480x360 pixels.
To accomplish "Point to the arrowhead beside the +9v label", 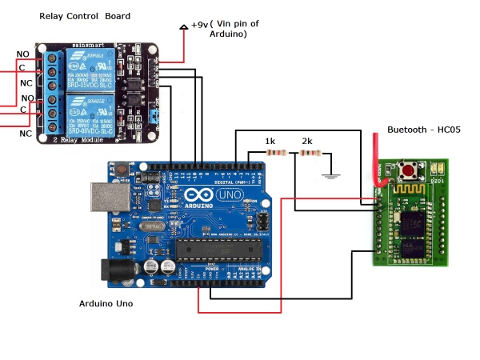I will pos(184,26).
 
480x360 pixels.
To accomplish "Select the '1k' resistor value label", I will pos(271,142).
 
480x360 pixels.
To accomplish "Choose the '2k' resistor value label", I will pos(307,142).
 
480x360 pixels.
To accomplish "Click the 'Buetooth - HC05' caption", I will pos(424,129).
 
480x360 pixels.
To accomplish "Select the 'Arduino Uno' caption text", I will pos(106,304).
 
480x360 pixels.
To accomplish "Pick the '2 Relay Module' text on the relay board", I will pos(79,138).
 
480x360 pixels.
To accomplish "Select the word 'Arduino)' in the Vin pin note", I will pos(228,35).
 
